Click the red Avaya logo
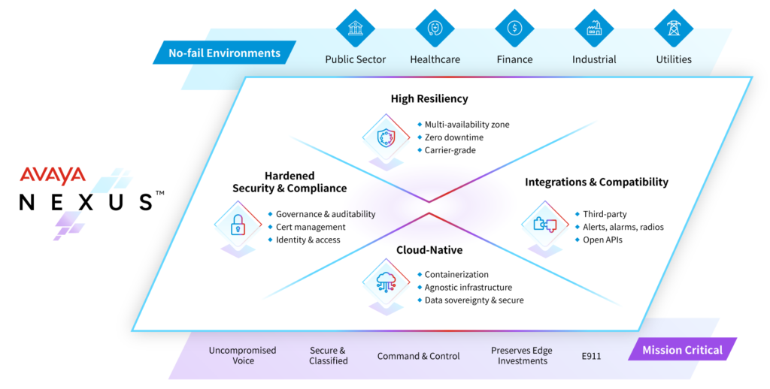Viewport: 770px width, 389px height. coord(53,176)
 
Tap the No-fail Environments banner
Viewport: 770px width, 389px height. coord(224,53)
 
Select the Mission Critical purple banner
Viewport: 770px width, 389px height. coord(682,350)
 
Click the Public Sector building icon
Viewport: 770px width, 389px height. coord(356,29)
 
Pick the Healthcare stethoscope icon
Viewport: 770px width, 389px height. coord(435,29)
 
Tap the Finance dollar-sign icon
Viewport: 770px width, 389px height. coord(514,29)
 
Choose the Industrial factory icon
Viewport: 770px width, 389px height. coord(594,29)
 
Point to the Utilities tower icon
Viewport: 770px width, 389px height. coord(673,29)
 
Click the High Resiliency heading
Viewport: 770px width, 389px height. coord(429,98)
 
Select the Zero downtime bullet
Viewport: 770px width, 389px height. coord(453,137)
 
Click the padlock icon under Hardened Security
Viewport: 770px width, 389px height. coord(238,224)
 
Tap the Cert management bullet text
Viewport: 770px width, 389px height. coord(311,227)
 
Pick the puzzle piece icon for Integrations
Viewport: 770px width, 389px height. coord(544,224)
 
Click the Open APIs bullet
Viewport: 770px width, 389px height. coord(602,240)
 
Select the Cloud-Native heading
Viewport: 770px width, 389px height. coord(429,249)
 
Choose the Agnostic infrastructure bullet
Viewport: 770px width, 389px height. coord(468,287)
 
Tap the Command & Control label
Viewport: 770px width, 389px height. coord(418,356)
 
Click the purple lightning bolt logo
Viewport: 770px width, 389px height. coord(68,225)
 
